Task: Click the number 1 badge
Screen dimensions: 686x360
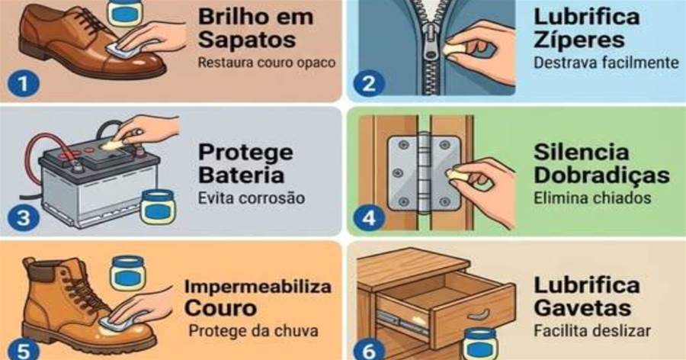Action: click(x=23, y=83)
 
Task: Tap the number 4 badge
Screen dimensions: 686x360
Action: click(x=369, y=217)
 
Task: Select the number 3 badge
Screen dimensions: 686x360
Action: click(x=23, y=217)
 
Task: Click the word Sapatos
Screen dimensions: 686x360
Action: click(x=247, y=40)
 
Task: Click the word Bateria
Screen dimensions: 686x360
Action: click(x=241, y=175)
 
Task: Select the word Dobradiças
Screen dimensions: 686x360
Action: click(x=601, y=176)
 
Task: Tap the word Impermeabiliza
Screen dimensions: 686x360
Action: click(x=258, y=288)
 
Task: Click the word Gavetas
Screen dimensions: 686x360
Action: click(x=582, y=308)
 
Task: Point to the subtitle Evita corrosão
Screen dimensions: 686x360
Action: click(x=252, y=198)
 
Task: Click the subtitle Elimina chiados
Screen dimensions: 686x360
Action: click(x=592, y=198)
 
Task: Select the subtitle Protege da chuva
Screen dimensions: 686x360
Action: click(x=253, y=331)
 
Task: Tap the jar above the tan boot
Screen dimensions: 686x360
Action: click(x=127, y=272)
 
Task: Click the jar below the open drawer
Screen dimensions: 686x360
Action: click(x=480, y=344)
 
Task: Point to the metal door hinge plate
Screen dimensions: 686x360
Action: click(x=425, y=172)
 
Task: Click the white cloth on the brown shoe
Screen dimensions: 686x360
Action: click(x=118, y=50)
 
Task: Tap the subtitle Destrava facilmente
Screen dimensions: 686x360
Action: click(x=606, y=63)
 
